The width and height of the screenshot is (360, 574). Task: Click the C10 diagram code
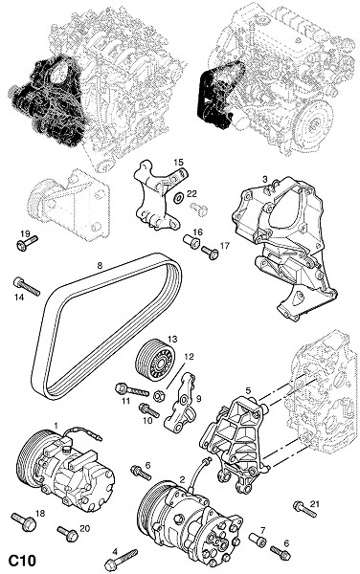tap(22, 560)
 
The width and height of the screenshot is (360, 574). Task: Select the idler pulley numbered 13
tap(155, 362)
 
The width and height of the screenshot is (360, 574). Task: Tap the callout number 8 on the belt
tap(100, 265)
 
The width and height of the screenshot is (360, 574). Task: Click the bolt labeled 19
tap(27, 243)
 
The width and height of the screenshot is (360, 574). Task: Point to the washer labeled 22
tap(179, 198)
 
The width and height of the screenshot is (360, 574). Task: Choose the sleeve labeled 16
tap(191, 242)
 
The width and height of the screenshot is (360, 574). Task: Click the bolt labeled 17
tap(210, 253)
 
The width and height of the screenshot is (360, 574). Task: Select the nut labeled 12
tap(159, 396)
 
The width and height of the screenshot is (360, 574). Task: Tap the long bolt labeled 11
tap(132, 390)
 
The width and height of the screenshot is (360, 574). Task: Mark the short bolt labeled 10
tap(149, 410)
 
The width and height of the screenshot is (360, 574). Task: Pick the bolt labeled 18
tap(24, 522)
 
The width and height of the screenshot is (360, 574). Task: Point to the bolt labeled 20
tap(68, 534)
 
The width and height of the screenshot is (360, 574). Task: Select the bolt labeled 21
tap(304, 510)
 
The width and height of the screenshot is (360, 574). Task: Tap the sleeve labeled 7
tap(258, 540)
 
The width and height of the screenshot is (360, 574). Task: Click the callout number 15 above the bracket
tap(178, 162)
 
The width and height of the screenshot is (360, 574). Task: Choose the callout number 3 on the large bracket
tap(265, 180)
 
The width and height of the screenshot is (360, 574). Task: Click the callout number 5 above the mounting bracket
tap(248, 390)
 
